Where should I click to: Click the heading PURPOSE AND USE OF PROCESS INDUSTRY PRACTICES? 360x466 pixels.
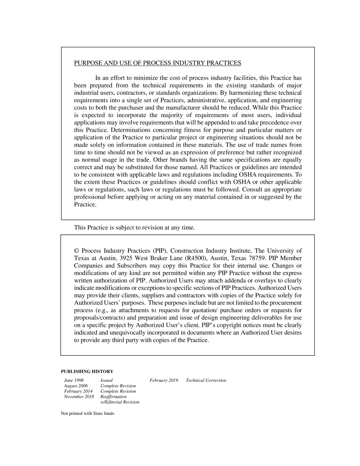(157, 63)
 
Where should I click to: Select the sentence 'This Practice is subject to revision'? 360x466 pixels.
(134, 228)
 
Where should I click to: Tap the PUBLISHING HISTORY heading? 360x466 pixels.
(87, 371)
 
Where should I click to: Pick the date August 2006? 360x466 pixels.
(76, 386)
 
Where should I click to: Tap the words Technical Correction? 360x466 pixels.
(206, 380)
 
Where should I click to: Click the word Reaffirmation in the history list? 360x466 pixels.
(113, 397)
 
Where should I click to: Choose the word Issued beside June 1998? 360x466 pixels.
(106, 380)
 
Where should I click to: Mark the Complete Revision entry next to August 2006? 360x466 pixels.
(118, 386)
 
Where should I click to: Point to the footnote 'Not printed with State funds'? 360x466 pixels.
(88, 413)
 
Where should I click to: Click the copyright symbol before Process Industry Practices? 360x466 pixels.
(77, 251)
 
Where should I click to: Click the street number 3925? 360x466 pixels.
(128, 258)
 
